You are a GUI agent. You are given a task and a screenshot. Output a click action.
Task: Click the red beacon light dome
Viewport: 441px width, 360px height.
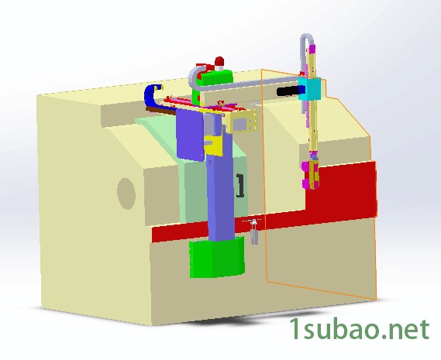(x=219, y=61)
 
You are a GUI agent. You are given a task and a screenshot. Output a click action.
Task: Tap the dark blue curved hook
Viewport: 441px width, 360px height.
(x=153, y=95)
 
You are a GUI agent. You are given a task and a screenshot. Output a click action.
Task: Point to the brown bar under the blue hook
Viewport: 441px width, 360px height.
(x=161, y=111)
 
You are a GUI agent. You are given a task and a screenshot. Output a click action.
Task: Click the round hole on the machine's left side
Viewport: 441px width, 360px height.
(x=126, y=194)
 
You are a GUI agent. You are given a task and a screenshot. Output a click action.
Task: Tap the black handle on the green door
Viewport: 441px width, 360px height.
(x=240, y=186)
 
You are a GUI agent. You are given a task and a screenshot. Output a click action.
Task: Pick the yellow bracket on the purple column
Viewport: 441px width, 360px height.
(x=213, y=145)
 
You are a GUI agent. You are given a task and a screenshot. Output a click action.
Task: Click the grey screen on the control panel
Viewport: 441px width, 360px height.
(x=240, y=124)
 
